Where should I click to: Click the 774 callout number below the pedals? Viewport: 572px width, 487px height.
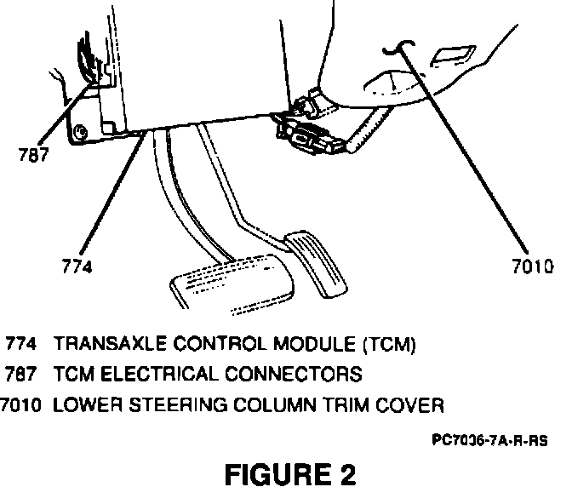tap(77, 266)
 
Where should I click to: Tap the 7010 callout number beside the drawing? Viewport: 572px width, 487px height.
tap(534, 266)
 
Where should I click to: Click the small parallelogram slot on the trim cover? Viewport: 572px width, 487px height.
tap(449, 56)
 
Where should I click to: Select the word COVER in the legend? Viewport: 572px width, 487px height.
tap(415, 404)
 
